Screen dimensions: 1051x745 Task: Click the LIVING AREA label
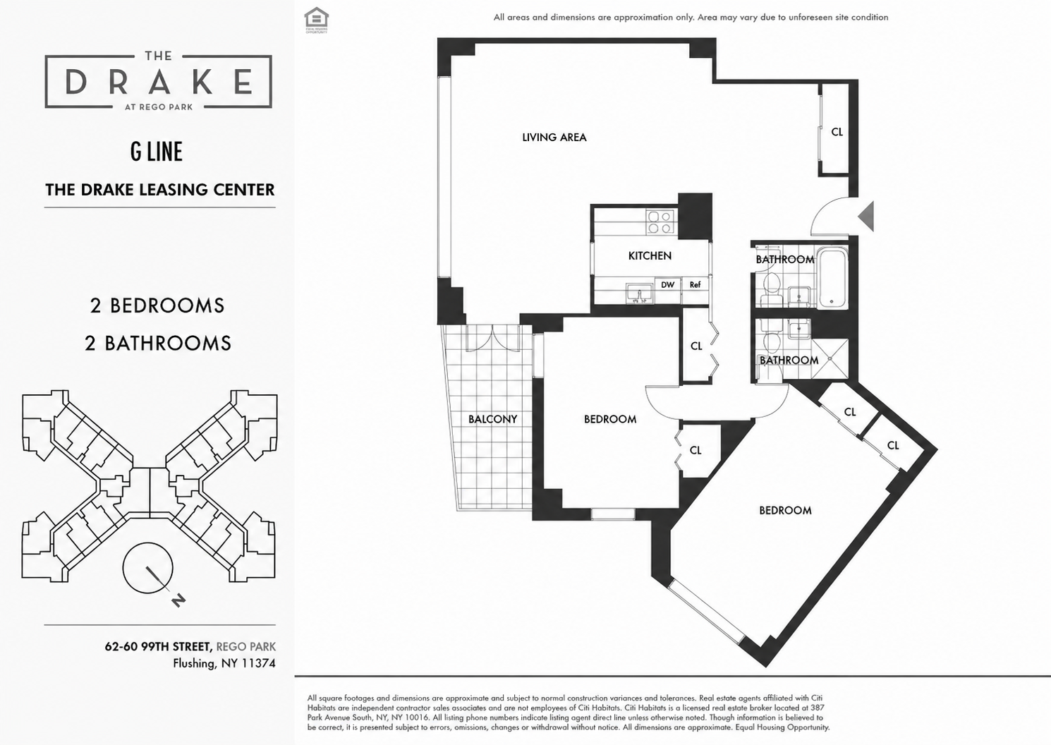coord(554,137)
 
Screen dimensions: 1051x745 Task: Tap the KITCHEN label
coord(650,255)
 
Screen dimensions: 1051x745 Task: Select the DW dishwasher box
coord(668,285)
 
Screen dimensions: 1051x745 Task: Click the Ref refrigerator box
coord(695,285)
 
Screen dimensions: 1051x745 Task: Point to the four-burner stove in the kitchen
coord(661,222)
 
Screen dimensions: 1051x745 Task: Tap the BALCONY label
coord(492,419)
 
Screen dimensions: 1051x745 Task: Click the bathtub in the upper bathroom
coord(832,278)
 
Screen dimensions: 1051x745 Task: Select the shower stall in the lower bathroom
coord(830,358)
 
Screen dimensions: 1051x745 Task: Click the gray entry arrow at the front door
coord(868,217)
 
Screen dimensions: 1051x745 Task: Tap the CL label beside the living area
coord(837,133)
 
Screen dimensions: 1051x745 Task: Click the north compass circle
coord(148,568)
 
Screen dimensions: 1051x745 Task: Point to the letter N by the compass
coord(178,600)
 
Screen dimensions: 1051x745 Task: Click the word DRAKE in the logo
coord(159,82)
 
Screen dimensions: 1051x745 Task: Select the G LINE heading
coord(157,152)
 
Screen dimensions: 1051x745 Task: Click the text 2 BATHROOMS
coord(158,344)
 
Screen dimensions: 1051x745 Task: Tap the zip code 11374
coord(257,663)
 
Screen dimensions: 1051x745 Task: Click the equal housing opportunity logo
coord(316,20)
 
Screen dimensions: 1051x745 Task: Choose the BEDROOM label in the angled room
coord(786,511)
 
